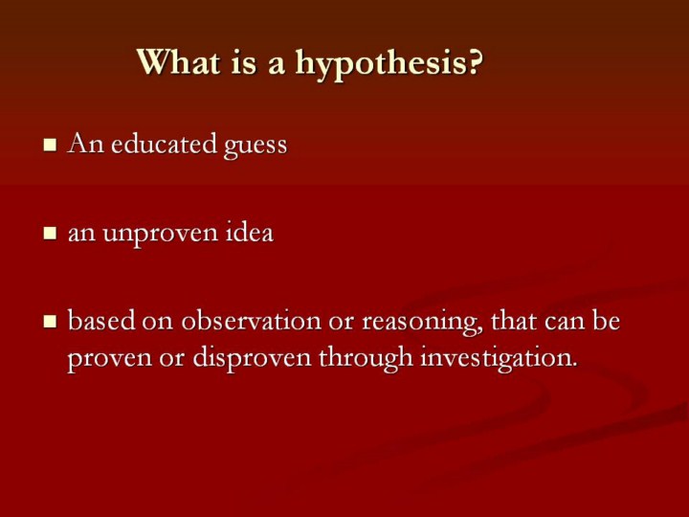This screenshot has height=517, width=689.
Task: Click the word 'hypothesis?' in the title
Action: point(389,64)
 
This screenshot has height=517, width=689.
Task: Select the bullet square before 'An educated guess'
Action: point(50,145)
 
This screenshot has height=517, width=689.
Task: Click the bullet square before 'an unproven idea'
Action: point(50,234)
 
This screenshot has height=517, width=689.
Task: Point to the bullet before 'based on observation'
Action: point(50,322)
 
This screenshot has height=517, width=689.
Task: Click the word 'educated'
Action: point(164,144)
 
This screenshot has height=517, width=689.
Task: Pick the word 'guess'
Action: point(256,147)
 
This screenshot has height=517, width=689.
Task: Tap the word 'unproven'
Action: point(161,236)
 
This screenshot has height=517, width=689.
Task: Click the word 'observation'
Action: point(252,321)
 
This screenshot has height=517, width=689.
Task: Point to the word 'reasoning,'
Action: point(422,323)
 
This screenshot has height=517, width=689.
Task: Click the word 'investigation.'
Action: point(499,359)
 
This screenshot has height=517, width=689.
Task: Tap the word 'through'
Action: point(366,358)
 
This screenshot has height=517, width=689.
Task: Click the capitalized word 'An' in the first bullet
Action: point(86,144)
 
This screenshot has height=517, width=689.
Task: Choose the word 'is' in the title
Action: point(243,62)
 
